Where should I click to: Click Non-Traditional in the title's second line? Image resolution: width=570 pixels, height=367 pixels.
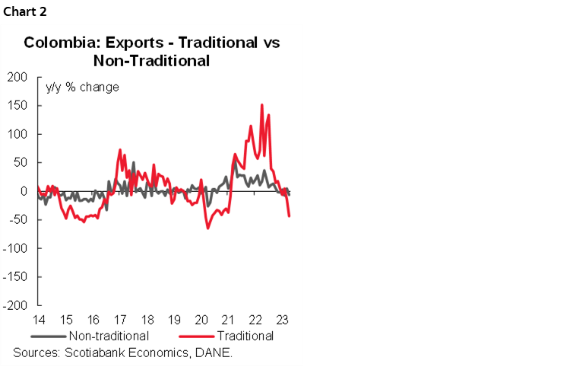pos(150,60)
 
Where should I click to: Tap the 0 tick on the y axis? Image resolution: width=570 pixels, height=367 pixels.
pos(24,191)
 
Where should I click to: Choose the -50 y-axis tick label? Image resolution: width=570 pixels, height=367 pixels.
pos(17,220)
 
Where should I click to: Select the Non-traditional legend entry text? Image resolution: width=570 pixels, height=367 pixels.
pos(108,335)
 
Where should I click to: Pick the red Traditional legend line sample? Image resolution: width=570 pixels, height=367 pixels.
pos(196,335)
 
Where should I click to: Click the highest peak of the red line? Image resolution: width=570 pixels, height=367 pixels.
pos(261,105)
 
